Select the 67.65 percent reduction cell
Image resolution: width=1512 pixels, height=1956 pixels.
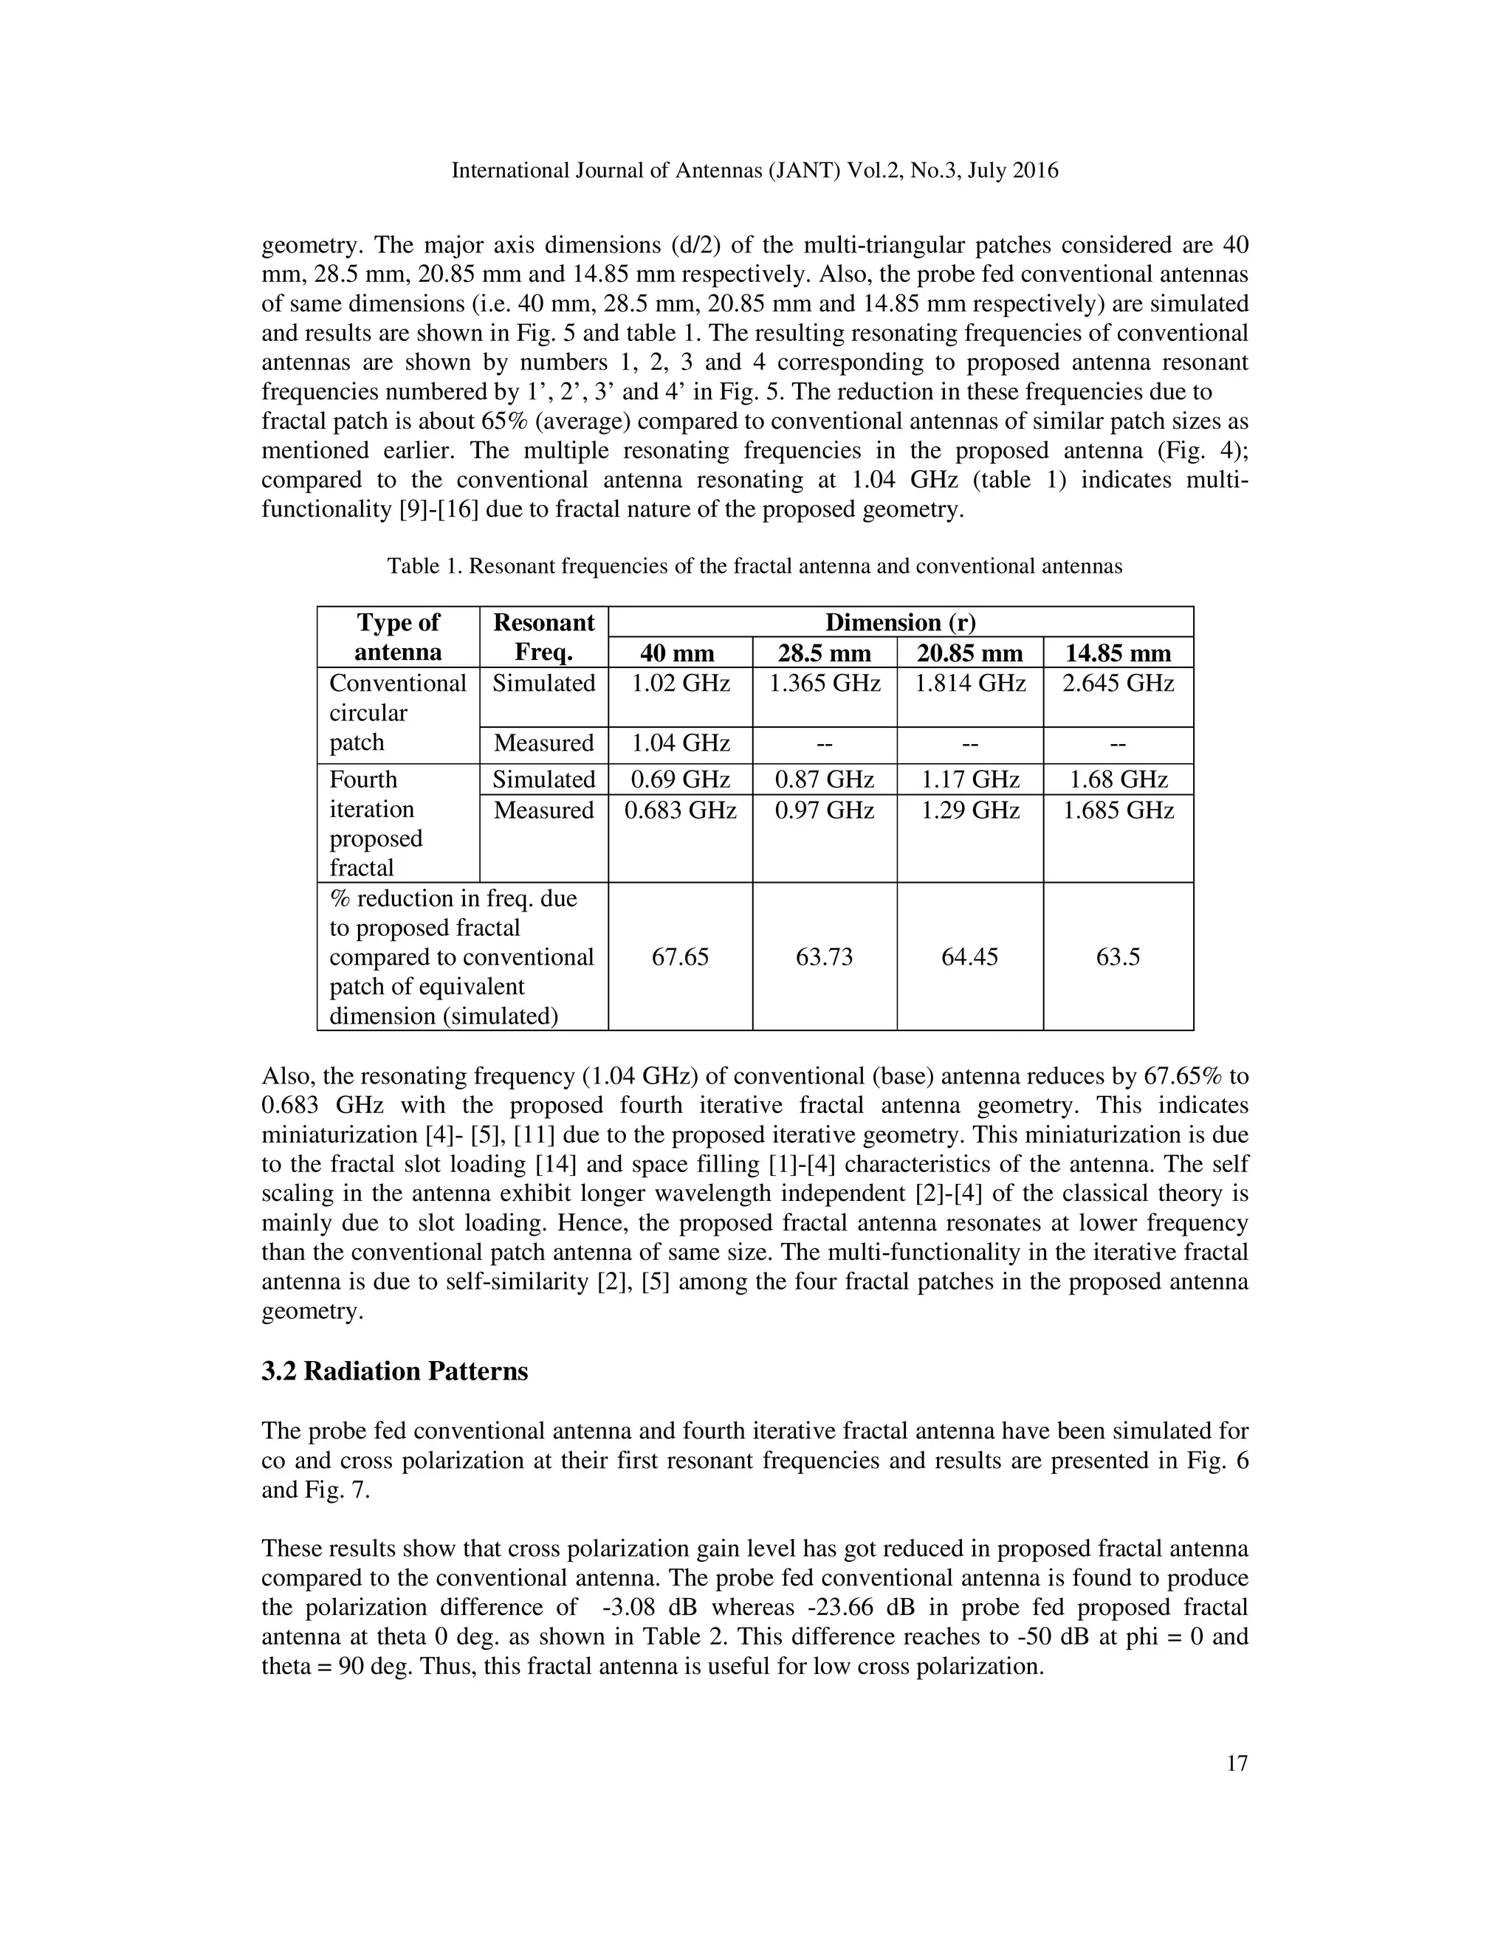(x=680, y=957)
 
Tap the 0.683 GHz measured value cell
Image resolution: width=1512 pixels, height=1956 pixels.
(x=680, y=810)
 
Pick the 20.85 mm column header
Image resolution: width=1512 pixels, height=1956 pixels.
(x=970, y=652)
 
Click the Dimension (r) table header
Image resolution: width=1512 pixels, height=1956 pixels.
(x=900, y=621)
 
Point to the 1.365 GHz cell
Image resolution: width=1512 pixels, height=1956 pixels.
(x=824, y=684)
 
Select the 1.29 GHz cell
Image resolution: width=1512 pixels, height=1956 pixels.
(x=970, y=810)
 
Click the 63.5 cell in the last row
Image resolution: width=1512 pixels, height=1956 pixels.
(x=1118, y=957)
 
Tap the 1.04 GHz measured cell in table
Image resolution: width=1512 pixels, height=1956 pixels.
(x=680, y=743)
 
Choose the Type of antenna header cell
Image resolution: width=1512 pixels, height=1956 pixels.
(x=398, y=637)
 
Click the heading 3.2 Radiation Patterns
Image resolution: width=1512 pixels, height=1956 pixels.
(x=394, y=1372)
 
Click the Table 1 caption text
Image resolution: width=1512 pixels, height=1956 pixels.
(x=755, y=566)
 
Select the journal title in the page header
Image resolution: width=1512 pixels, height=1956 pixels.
(x=755, y=171)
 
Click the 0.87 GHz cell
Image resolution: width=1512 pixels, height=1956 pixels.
(x=824, y=779)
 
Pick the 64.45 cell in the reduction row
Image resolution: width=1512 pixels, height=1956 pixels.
(x=970, y=957)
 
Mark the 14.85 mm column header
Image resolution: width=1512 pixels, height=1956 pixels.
(x=1118, y=652)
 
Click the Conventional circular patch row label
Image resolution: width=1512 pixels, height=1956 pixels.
(x=398, y=713)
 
